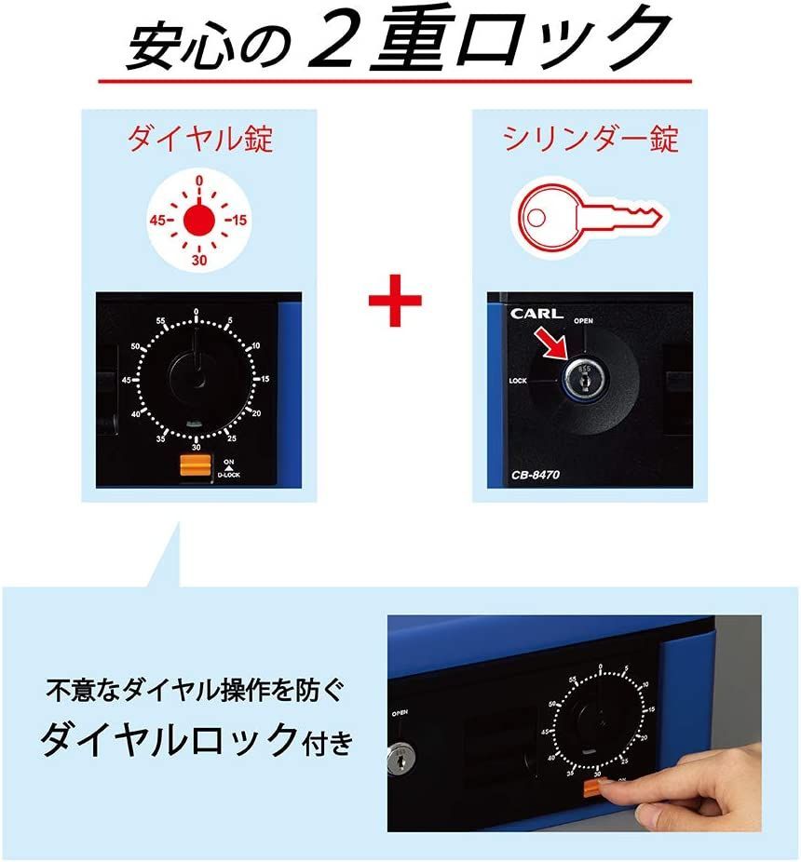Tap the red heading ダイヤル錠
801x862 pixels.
point(200,140)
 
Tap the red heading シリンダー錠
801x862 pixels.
point(591,140)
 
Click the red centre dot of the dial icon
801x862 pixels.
point(198,221)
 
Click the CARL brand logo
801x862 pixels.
point(536,314)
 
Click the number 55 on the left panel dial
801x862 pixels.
point(161,322)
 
